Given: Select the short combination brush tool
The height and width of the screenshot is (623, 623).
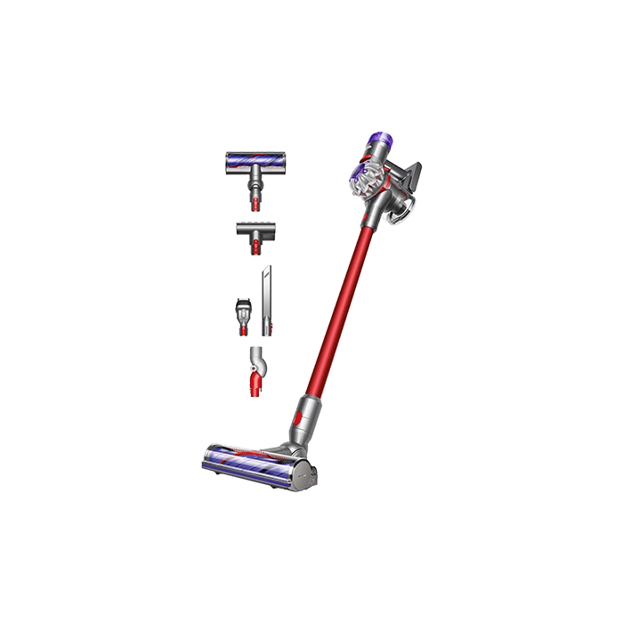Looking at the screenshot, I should pyautogui.click(x=242, y=312).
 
